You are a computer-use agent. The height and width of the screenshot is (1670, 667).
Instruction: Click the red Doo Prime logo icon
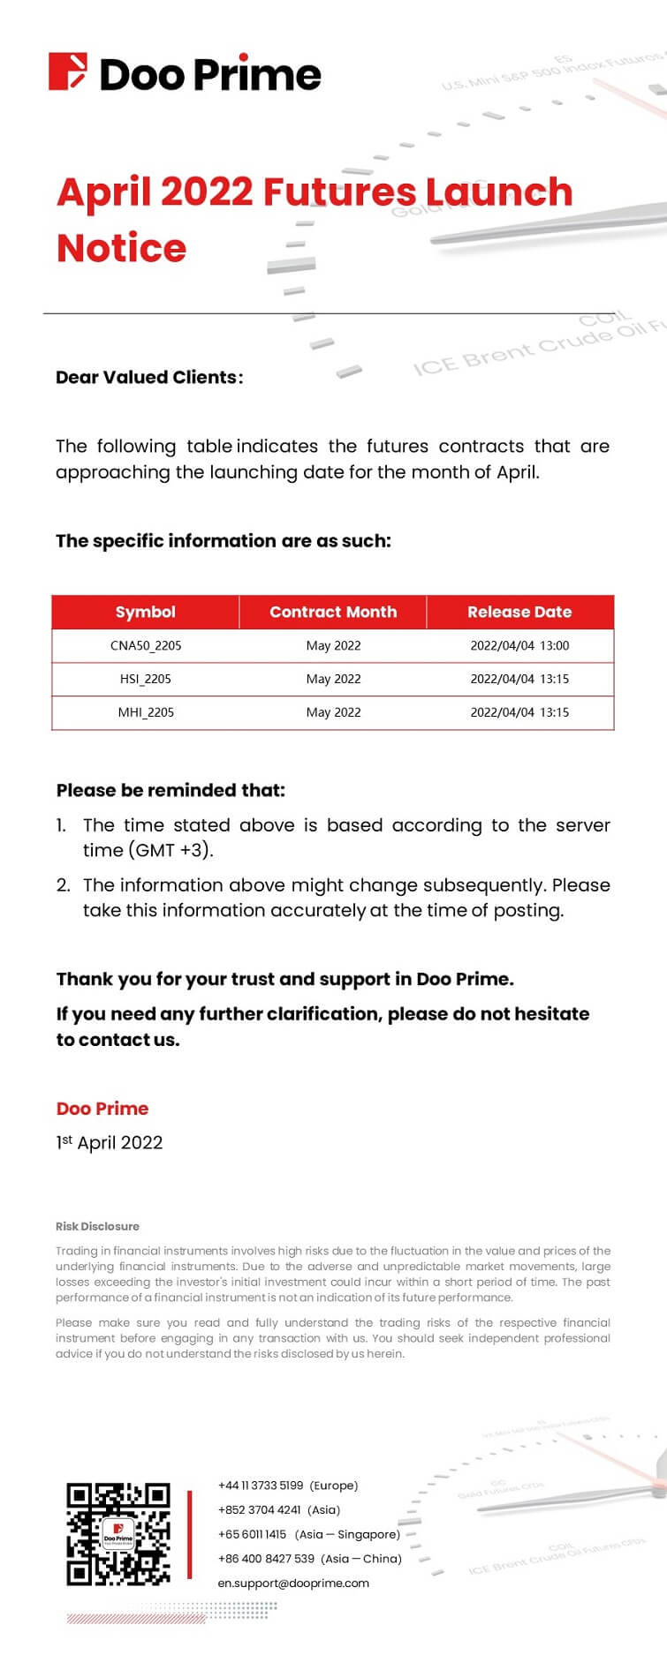[68, 72]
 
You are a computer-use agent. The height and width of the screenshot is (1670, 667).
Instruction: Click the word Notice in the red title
[122, 248]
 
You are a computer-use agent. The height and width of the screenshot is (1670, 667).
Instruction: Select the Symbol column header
[146, 612]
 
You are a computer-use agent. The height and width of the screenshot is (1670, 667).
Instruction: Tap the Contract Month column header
[333, 612]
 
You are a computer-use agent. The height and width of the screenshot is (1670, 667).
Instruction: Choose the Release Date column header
[519, 612]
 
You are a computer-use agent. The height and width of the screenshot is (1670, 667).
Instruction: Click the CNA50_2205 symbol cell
[146, 645]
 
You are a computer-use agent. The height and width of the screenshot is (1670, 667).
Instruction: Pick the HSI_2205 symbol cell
[146, 679]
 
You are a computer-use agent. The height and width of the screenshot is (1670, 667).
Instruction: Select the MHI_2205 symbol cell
[146, 712]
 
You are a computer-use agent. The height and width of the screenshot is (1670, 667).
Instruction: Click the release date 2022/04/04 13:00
[519, 645]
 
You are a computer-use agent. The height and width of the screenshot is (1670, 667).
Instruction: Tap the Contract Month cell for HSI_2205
[333, 679]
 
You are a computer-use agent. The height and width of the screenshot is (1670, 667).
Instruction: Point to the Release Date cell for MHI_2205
[519, 712]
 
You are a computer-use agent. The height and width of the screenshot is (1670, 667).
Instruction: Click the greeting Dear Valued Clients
[148, 378]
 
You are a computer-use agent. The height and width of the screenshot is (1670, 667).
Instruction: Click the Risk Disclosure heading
[97, 1226]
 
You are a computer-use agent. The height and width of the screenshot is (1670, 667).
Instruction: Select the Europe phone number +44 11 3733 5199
[261, 1486]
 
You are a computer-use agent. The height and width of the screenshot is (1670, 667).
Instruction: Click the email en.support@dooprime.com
[293, 1583]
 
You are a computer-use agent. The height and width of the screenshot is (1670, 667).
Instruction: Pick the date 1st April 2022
[110, 1143]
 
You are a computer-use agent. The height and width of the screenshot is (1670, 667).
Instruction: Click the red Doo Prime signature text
[102, 1109]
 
